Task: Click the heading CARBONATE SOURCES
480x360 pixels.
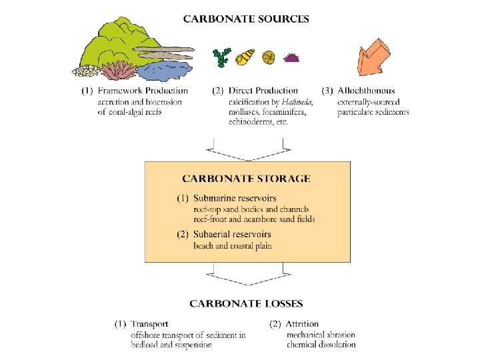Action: click(246, 19)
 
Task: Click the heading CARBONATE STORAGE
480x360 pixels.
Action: click(246, 179)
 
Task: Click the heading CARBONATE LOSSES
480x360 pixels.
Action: click(246, 304)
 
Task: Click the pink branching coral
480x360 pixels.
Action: click(119, 69)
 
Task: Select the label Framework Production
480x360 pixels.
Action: click(143, 91)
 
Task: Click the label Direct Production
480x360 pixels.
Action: click(263, 91)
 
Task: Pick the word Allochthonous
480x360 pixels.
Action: click(366, 91)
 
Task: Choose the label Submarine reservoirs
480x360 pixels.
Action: click(235, 199)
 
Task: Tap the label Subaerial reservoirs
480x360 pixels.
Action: click(232, 235)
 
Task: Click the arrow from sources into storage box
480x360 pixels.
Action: click(246, 151)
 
